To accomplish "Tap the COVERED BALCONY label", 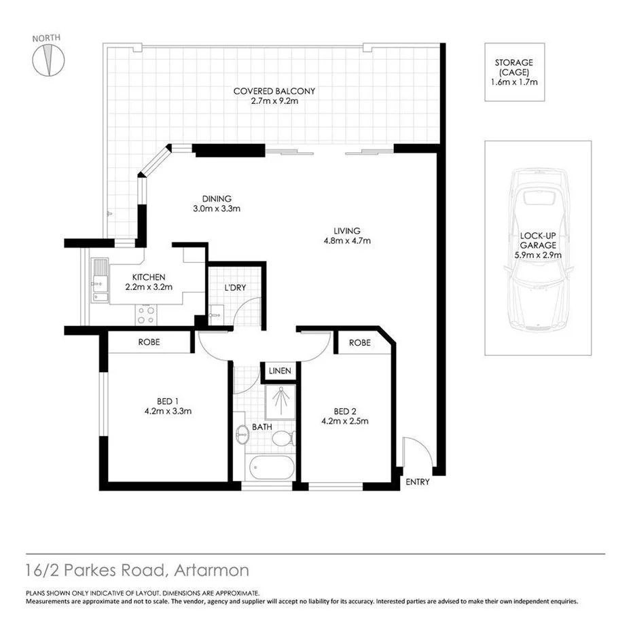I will [x=274, y=96].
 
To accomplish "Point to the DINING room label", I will [x=216, y=204].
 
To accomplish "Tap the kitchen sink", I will [x=99, y=278].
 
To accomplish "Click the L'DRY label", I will [x=235, y=287].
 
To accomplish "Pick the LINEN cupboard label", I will [x=280, y=372].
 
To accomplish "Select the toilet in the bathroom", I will [x=283, y=439].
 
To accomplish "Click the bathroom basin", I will [x=242, y=434].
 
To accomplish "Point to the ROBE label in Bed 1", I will [x=149, y=342].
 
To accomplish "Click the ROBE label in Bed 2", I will [x=360, y=343].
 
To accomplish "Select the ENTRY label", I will [x=417, y=482].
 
